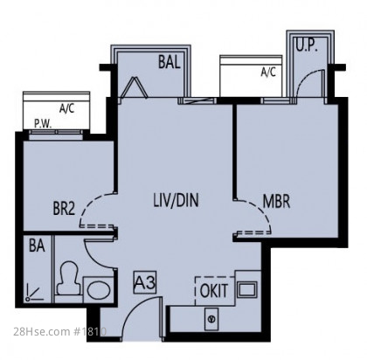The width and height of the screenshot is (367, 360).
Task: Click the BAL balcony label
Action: click(170, 62)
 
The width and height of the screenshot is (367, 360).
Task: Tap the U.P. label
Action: click(307, 45)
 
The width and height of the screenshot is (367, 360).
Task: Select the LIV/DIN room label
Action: click(176, 200)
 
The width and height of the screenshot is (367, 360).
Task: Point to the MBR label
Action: click(276, 201)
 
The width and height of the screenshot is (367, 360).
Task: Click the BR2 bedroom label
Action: click(64, 208)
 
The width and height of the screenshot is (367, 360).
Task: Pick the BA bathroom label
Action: click(37, 246)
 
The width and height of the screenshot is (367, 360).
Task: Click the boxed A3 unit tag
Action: click(145, 282)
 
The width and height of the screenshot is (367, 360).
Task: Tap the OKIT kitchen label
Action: click(214, 291)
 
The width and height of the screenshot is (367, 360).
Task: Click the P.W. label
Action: click(43, 124)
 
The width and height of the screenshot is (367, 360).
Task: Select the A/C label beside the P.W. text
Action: click(66, 108)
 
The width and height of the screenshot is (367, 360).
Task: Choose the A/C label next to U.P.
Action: click(268, 72)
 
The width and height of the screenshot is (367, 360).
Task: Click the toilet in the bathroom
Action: click(68, 279)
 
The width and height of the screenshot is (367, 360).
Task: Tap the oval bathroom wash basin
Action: click(99, 290)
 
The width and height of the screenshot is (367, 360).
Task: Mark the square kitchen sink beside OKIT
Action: click(247, 289)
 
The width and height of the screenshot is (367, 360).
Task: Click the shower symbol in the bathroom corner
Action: click(33, 293)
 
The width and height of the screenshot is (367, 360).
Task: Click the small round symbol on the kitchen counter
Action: click(211, 319)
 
